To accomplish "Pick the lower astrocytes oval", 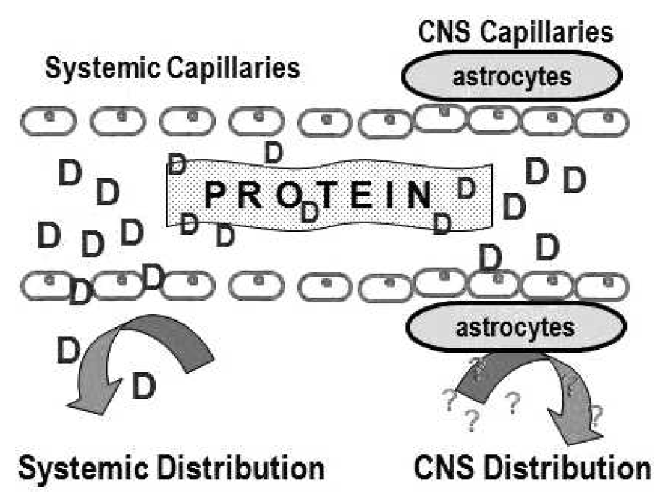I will pos(514,327).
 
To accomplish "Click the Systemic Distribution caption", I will pos(171,468).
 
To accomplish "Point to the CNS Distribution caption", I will pos(533,468).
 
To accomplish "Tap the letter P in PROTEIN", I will pos(216,195).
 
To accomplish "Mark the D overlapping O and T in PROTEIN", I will pos(310,211).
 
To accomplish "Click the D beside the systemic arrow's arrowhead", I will pos(143,387).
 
